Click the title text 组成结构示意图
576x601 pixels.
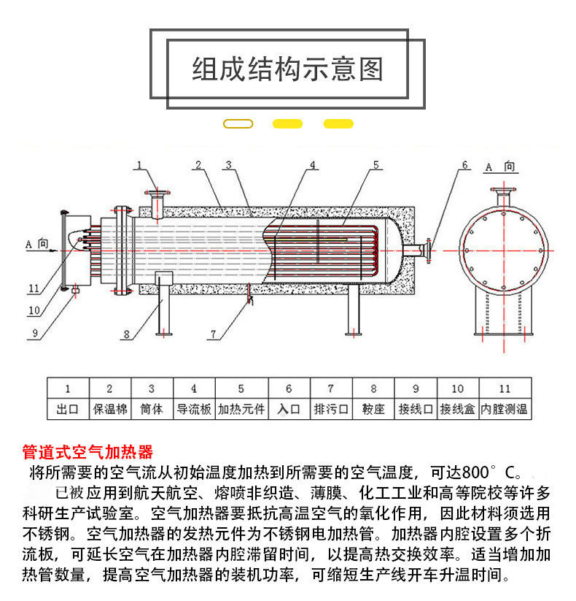(287, 70)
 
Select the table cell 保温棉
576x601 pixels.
(110, 409)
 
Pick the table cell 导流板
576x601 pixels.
(194, 409)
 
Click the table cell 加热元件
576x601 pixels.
(241, 409)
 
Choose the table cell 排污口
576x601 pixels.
(330, 409)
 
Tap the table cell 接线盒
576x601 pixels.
(457, 409)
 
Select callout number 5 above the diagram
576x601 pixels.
(376, 166)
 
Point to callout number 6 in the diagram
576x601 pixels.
(464, 166)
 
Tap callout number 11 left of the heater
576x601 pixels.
(33, 288)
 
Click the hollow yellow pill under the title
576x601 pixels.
(238, 124)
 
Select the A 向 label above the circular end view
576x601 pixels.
(500, 167)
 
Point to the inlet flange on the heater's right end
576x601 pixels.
(430, 250)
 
